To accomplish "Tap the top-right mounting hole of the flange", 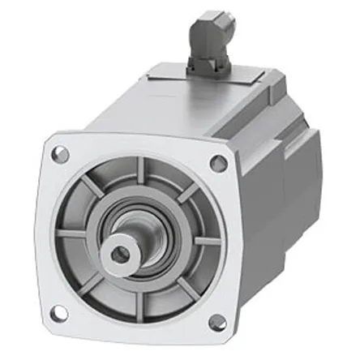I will point(216,163).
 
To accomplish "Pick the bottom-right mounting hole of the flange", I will point(216,323).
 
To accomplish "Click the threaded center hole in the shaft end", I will point(121,254).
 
